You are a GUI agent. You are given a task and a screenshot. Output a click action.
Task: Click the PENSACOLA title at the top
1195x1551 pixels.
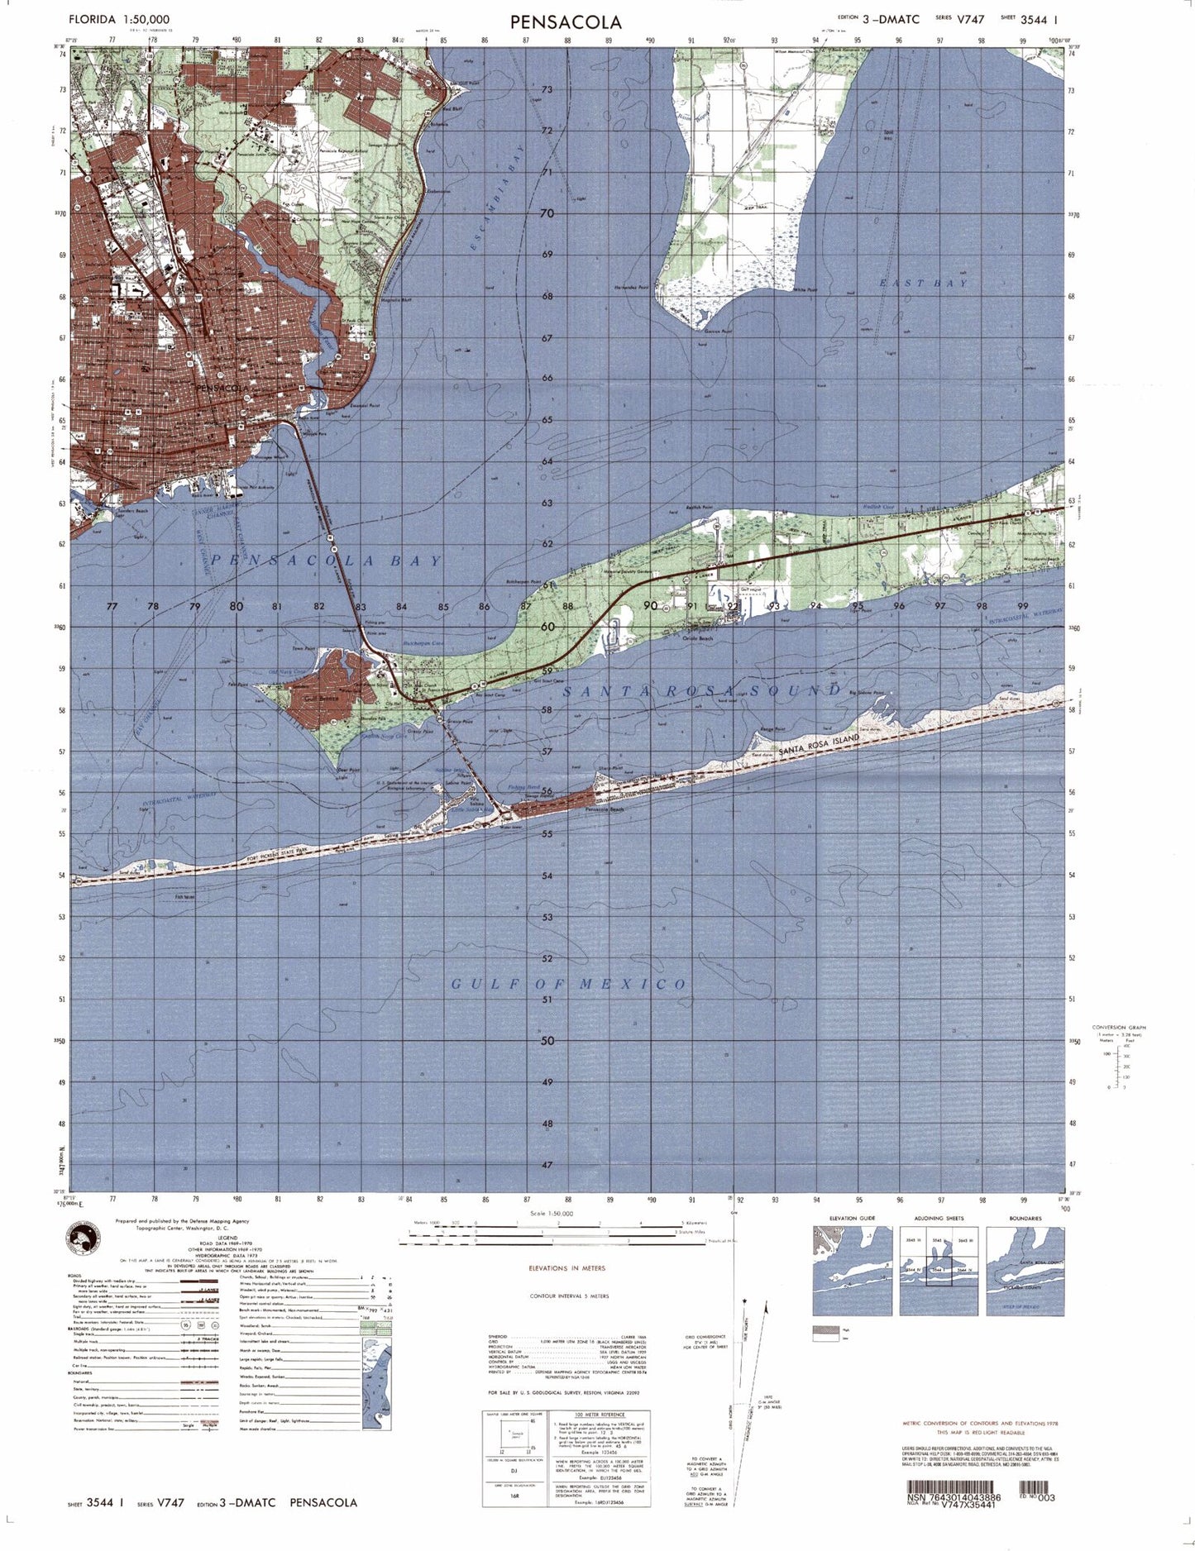[566, 21]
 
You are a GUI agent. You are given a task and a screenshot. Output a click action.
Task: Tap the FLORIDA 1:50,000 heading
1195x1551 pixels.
[120, 19]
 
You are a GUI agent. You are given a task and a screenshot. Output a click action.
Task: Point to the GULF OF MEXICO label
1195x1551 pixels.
[569, 984]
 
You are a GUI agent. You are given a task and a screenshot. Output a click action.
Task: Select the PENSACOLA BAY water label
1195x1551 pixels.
[327, 561]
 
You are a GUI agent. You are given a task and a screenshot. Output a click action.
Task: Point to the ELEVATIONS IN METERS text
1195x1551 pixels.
[566, 1267]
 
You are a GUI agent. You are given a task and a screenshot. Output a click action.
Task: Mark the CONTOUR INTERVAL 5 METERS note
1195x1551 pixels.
[569, 1296]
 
